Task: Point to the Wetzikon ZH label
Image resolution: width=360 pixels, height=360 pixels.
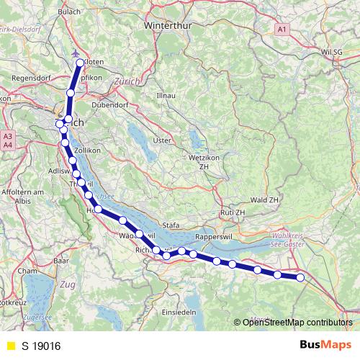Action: tap(208, 161)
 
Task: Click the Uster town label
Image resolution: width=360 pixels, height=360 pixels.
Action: tap(163, 140)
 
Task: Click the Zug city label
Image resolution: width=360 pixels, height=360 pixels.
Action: tap(68, 285)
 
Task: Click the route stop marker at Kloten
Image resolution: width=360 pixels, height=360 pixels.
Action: tap(80, 63)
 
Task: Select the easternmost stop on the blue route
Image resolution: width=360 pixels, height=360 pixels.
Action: tap(300, 278)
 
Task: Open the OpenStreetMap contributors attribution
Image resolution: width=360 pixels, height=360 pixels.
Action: tap(297, 322)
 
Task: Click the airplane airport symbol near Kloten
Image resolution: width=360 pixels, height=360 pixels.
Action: tap(76, 53)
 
